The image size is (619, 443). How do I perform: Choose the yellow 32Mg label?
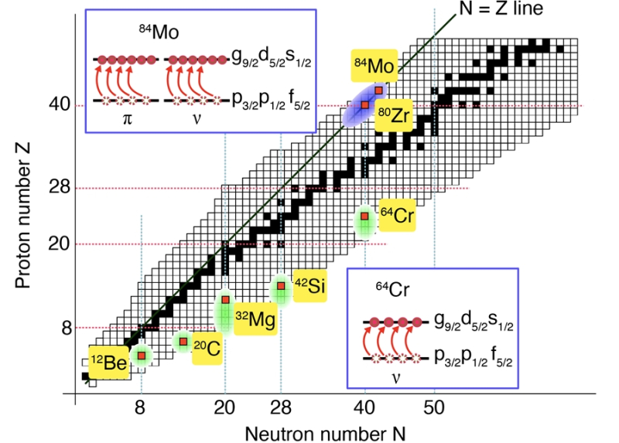255,320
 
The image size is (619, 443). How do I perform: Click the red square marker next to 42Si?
281,287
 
